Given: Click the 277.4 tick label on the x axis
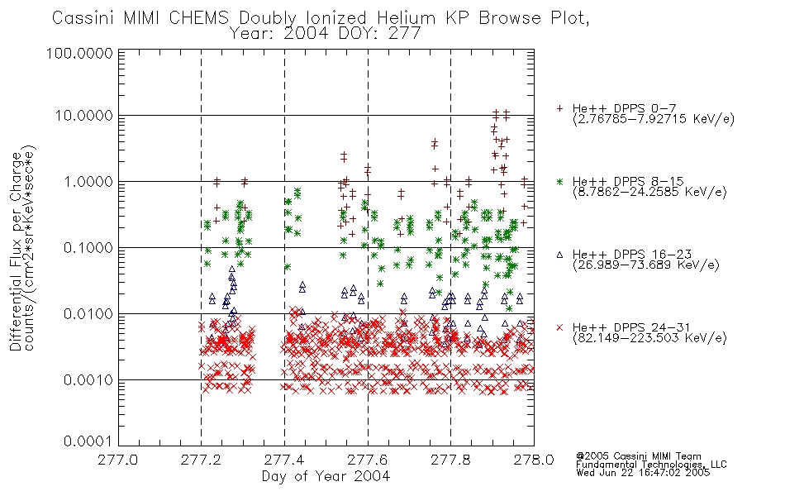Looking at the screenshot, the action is tap(284, 460).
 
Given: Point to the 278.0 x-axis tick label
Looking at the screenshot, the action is tap(534, 460).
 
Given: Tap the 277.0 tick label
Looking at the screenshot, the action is tap(118, 460).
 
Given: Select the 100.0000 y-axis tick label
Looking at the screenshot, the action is tap(79, 53).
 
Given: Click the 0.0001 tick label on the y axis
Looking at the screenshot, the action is tap(88, 441).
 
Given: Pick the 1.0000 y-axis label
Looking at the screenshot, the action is tap(88, 181).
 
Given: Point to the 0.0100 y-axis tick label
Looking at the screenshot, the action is tap(88, 314).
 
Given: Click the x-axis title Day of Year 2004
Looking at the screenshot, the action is tap(326, 476).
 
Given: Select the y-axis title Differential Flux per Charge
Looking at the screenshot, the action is tap(16, 251).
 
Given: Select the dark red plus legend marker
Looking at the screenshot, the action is tap(559, 108).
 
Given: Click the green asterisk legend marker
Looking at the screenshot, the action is tap(559, 181).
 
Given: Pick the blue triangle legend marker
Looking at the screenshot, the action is tap(559, 255).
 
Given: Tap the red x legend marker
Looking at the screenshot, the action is tap(559, 327).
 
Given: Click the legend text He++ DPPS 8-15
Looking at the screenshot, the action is tap(628, 181).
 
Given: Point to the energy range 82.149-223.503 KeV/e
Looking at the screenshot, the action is tap(649, 338).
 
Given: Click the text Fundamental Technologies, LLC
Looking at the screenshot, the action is tap(651, 465).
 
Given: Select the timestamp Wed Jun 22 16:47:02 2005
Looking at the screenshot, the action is tap(643, 473).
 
